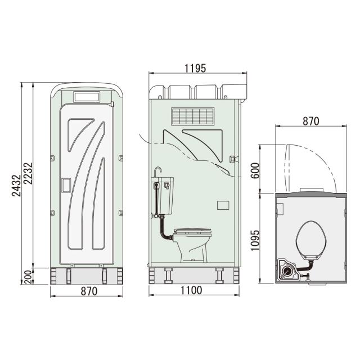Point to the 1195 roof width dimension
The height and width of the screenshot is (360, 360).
click(x=196, y=68)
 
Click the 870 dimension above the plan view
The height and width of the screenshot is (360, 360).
click(x=310, y=121)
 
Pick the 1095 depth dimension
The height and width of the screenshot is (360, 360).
click(x=255, y=238)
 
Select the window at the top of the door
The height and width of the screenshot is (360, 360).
click(x=86, y=96)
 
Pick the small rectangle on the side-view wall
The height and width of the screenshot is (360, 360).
click(x=222, y=205)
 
